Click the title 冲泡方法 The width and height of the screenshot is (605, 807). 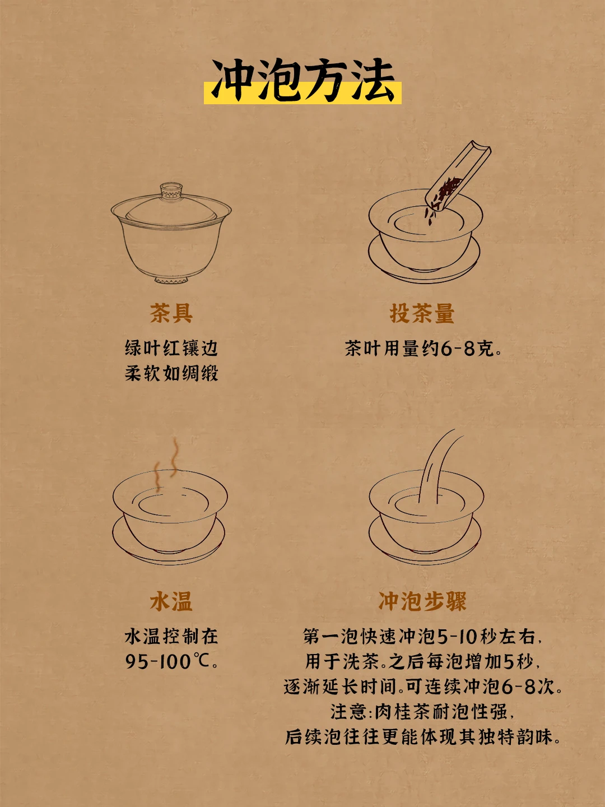click(302, 80)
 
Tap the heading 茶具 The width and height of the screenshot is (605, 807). click(171, 313)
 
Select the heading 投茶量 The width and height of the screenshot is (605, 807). click(422, 313)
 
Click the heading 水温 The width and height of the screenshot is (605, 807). click(171, 601)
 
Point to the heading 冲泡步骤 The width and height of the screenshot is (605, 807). click(422, 601)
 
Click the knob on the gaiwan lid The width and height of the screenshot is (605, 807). click(171, 191)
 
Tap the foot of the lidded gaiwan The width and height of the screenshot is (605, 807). click(171, 280)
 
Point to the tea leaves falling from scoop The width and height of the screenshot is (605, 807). click(430, 217)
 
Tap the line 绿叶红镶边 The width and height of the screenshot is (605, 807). click(171, 348)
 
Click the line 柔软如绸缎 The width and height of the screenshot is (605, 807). click(171, 374)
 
